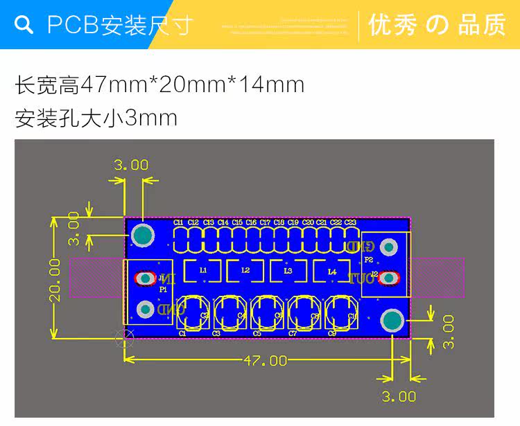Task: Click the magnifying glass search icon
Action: [x=24, y=25]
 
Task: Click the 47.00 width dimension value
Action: [x=265, y=360]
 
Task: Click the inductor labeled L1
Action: [x=203, y=270]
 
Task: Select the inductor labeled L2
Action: [x=245, y=270]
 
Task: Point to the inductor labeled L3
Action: [x=288, y=270]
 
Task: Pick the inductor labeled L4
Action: [x=331, y=271]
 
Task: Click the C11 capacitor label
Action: [x=179, y=222]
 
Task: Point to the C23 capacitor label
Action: [x=350, y=222]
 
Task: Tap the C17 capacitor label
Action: [x=265, y=222]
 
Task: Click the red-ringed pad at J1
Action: [x=146, y=278]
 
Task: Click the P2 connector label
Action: [x=368, y=260]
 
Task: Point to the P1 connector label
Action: [x=163, y=288]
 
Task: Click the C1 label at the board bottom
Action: [x=182, y=333]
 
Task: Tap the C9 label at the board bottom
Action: [x=332, y=333]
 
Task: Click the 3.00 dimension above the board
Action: [x=131, y=165]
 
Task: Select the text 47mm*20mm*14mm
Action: [x=193, y=85]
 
